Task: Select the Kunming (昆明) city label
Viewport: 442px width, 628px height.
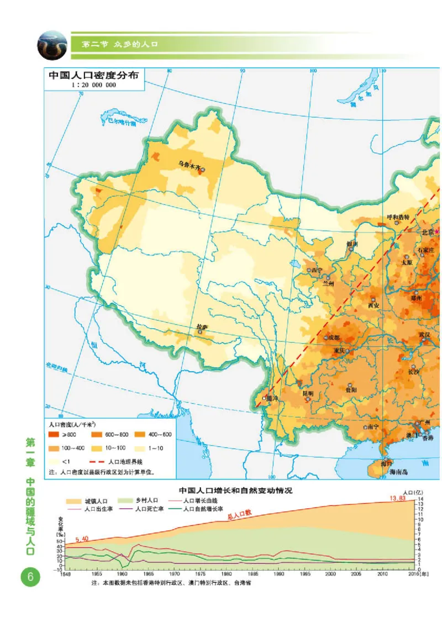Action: click(x=308, y=393)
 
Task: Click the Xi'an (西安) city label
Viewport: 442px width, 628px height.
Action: click(x=373, y=305)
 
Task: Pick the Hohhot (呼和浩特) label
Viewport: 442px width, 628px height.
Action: click(x=398, y=217)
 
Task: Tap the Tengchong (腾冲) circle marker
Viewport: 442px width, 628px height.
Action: click(x=265, y=398)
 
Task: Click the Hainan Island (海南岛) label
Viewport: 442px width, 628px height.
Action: click(x=398, y=472)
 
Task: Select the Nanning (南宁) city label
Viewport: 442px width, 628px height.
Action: click(x=372, y=426)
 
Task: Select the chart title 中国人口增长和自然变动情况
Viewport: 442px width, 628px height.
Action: click(x=235, y=490)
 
